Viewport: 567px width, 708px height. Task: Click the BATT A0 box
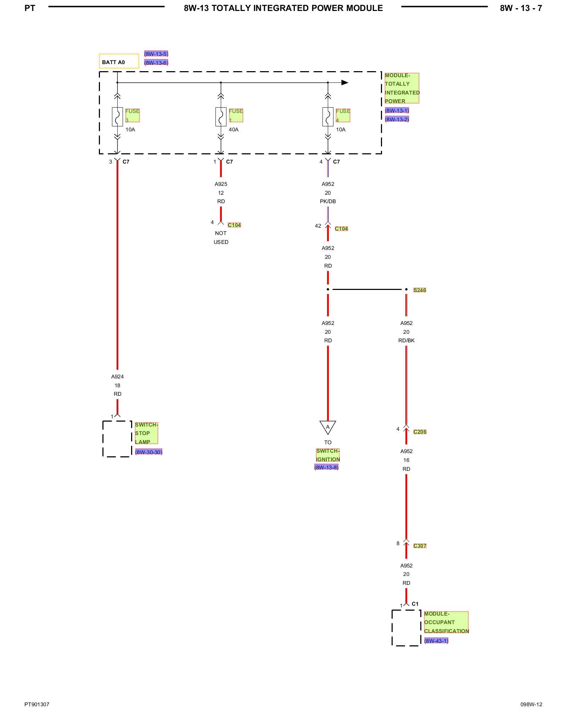(x=118, y=61)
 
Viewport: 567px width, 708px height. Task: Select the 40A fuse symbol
(x=221, y=116)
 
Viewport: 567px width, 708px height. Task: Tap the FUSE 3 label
(x=132, y=115)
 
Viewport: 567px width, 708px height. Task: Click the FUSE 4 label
(x=343, y=115)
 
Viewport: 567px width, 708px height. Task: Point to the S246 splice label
(x=420, y=290)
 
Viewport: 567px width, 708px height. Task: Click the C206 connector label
(x=420, y=432)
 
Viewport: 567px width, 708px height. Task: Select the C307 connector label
(x=420, y=546)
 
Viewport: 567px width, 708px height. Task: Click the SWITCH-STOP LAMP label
(x=146, y=433)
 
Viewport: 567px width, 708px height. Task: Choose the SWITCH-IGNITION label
(x=328, y=455)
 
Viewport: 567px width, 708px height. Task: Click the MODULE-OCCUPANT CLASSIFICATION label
(x=446, y=622)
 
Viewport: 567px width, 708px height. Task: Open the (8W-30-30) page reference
(x=148, y=452)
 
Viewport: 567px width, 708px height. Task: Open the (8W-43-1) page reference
(x=436, y=641)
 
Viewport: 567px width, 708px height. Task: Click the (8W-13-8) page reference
(x=326, y=467)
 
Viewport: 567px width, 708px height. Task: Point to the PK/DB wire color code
(x=328, y=201)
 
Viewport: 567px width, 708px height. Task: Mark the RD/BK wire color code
(x=406, y=341)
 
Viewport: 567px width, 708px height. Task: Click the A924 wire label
(x=117, y=377)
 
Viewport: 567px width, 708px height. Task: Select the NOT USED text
(x=221, y=238)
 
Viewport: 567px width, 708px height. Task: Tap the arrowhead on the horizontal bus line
(x=344, y=82)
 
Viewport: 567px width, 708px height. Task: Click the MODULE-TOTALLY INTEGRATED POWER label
(x=402, y=88)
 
